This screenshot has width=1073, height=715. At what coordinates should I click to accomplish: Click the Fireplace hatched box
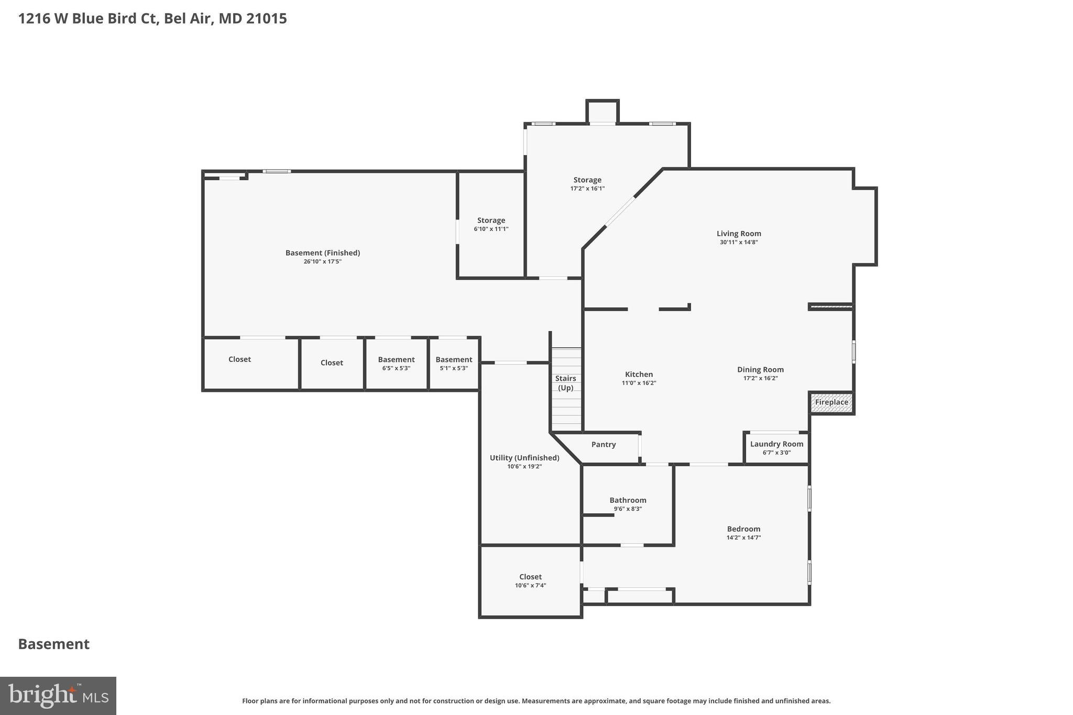[831, 403]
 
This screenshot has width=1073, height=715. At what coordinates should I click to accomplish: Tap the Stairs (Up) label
[565, 383]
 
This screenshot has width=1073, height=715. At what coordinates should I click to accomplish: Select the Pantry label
[603, 444]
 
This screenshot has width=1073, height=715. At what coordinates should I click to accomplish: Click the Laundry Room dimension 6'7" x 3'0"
[776, 453]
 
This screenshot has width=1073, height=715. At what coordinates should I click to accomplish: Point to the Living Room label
[739, 234]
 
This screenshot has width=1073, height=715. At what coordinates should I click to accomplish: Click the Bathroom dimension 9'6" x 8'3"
[628, 509]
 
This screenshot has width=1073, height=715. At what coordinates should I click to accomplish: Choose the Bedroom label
[743, 529]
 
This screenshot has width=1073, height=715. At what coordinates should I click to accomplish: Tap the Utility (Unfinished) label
[524, 458]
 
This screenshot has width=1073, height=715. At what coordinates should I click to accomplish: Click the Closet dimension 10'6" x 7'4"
[530, 586]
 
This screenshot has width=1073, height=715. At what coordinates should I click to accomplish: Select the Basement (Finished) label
[322, 253]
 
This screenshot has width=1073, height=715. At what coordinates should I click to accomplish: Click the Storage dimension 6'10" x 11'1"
[491, 229]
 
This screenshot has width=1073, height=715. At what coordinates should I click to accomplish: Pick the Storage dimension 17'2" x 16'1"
[587, 189]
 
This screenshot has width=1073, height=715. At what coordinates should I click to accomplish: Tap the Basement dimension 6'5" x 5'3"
[396, 368]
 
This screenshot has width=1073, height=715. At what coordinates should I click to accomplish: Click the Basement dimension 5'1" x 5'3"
[454, 368]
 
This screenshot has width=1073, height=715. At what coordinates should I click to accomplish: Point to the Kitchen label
[639, 375]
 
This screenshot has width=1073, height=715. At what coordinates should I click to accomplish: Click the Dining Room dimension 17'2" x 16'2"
[760, 378]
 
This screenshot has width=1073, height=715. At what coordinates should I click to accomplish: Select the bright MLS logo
[58, 696]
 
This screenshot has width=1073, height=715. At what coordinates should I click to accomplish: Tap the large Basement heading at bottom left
[54, 644]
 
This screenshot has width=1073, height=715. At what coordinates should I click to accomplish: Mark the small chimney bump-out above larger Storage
[603, 111]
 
